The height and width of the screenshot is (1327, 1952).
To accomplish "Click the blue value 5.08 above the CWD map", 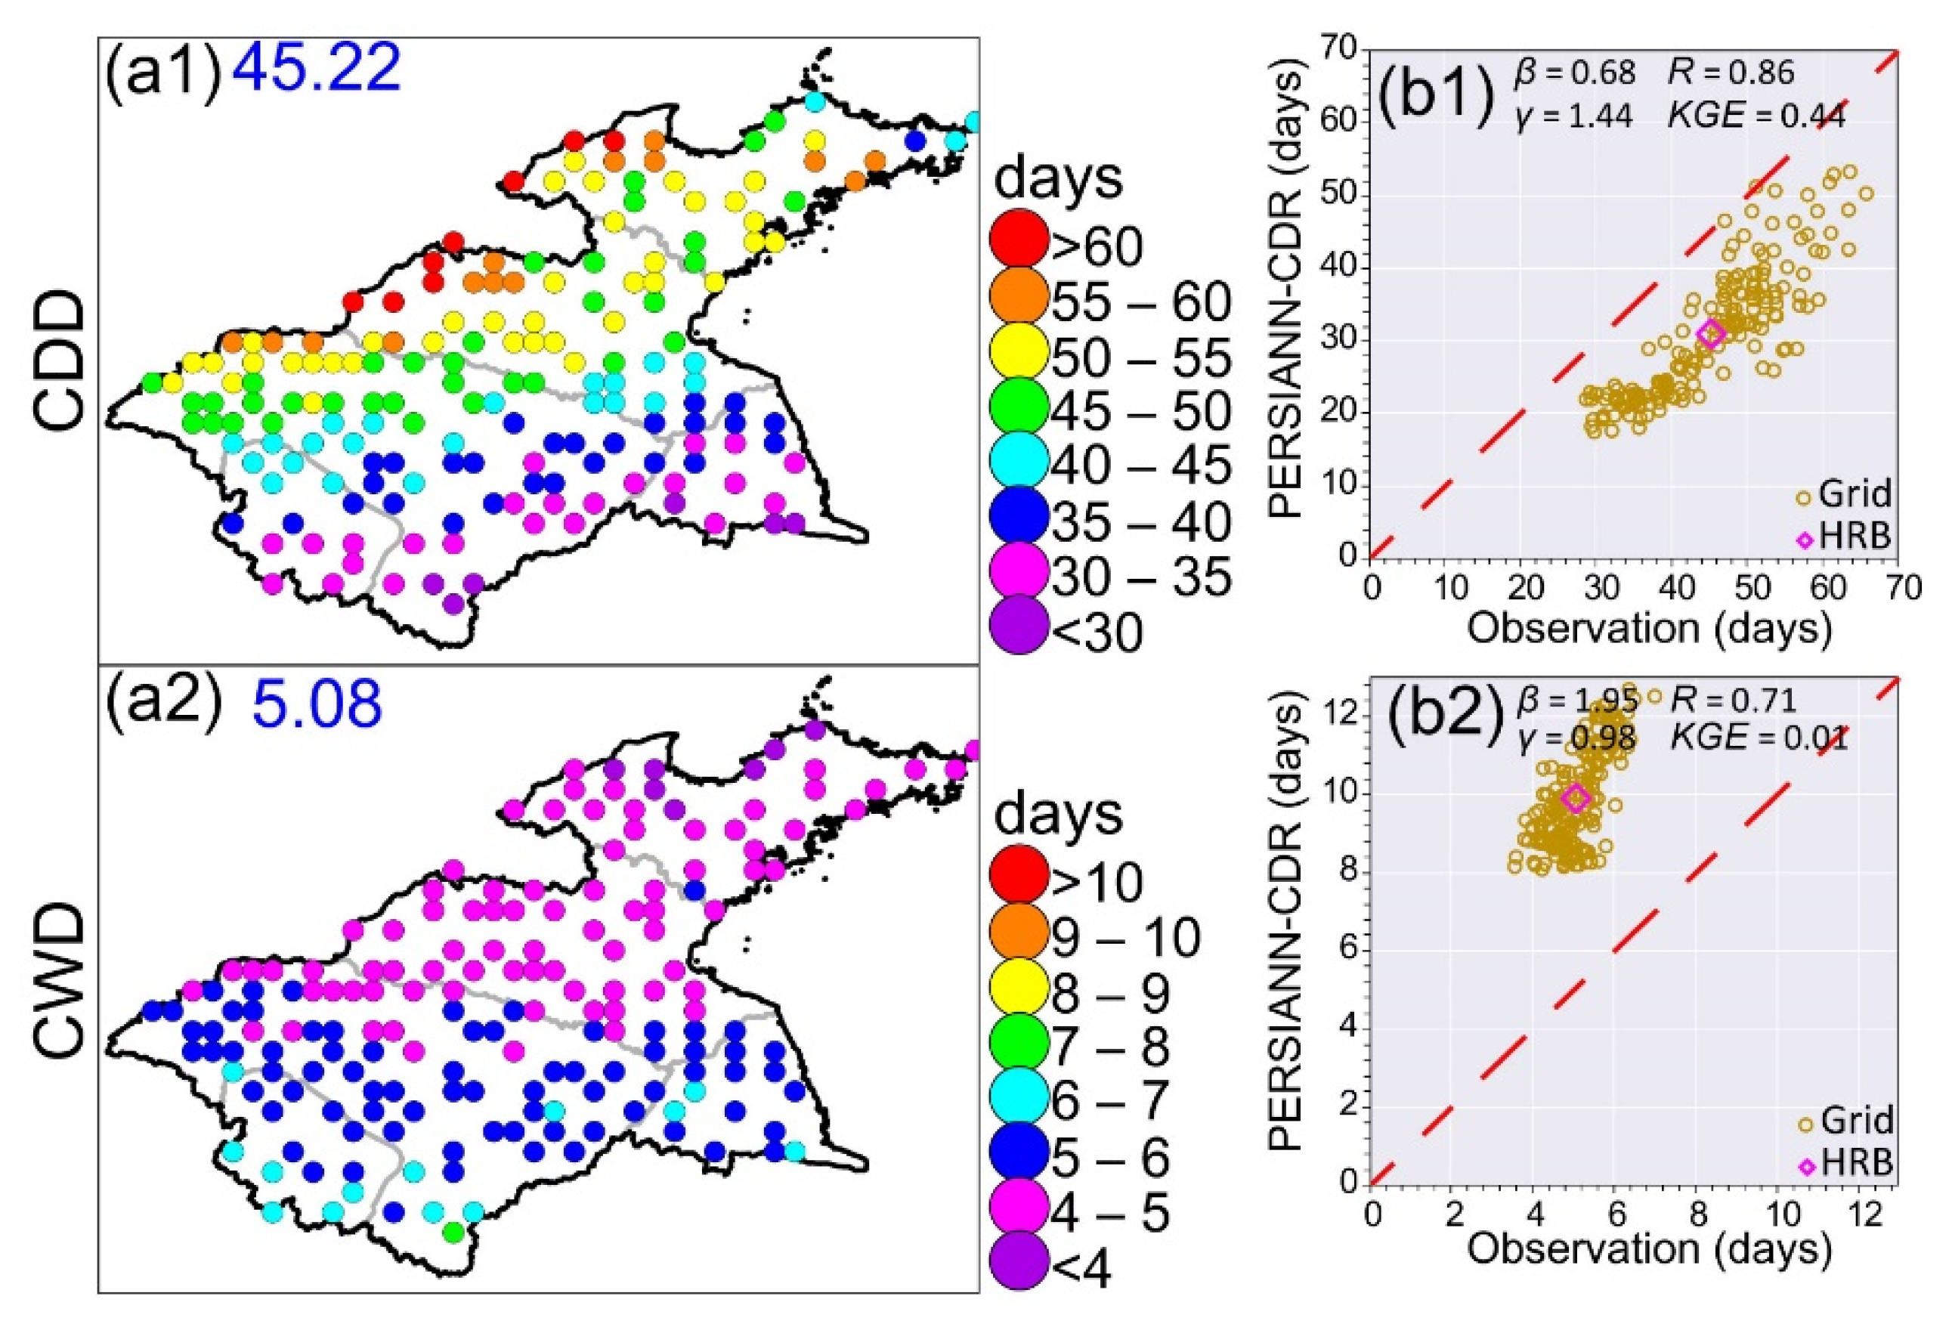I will click(317, 704).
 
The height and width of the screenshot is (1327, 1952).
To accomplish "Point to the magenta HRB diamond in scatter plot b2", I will click(1575, 798).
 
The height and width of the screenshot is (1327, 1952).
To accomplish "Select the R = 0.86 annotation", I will click(1731, 73).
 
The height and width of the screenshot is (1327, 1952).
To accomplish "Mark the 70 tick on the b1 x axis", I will click(1902, 587).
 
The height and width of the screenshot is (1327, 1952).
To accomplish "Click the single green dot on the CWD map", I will click(453, 1232).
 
